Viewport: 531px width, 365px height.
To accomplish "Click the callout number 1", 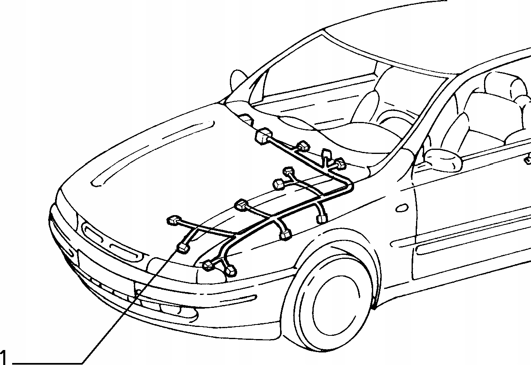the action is (4, 357).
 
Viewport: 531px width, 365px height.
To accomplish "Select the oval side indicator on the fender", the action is (401, 208).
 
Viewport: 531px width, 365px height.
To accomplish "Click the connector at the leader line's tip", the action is (183, 248).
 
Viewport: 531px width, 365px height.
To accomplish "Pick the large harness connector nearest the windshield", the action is (263, 135).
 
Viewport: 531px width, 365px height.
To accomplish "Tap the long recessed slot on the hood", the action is (154, 154).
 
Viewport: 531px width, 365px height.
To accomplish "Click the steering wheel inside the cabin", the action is (393, 122).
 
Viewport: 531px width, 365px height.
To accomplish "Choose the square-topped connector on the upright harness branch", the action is (326, 154).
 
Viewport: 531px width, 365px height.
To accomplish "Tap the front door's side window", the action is (478, 117).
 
